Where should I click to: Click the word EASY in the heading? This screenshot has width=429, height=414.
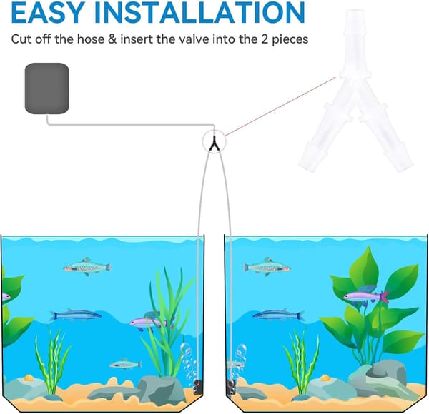pos(48,12)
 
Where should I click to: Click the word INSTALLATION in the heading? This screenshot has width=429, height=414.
pos(199,12)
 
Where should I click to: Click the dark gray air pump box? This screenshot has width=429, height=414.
pos(46,89)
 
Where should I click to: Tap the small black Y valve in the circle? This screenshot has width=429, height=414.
pos(214,143)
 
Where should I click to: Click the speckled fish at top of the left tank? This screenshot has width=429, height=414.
pos(87,267)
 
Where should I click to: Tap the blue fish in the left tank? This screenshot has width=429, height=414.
pos(76,315)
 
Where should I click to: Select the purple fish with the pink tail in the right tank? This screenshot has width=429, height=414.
pos(366,296)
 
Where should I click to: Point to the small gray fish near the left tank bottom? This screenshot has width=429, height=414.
pos(126,364)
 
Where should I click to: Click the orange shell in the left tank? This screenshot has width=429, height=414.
pos(29,378)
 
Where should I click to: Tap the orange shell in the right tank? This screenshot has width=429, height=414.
pos(325,378)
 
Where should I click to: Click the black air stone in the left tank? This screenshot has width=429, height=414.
pos(197,387)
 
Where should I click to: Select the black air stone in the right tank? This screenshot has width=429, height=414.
pos(231,387)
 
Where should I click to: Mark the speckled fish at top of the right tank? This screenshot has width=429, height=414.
pos(267,267)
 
